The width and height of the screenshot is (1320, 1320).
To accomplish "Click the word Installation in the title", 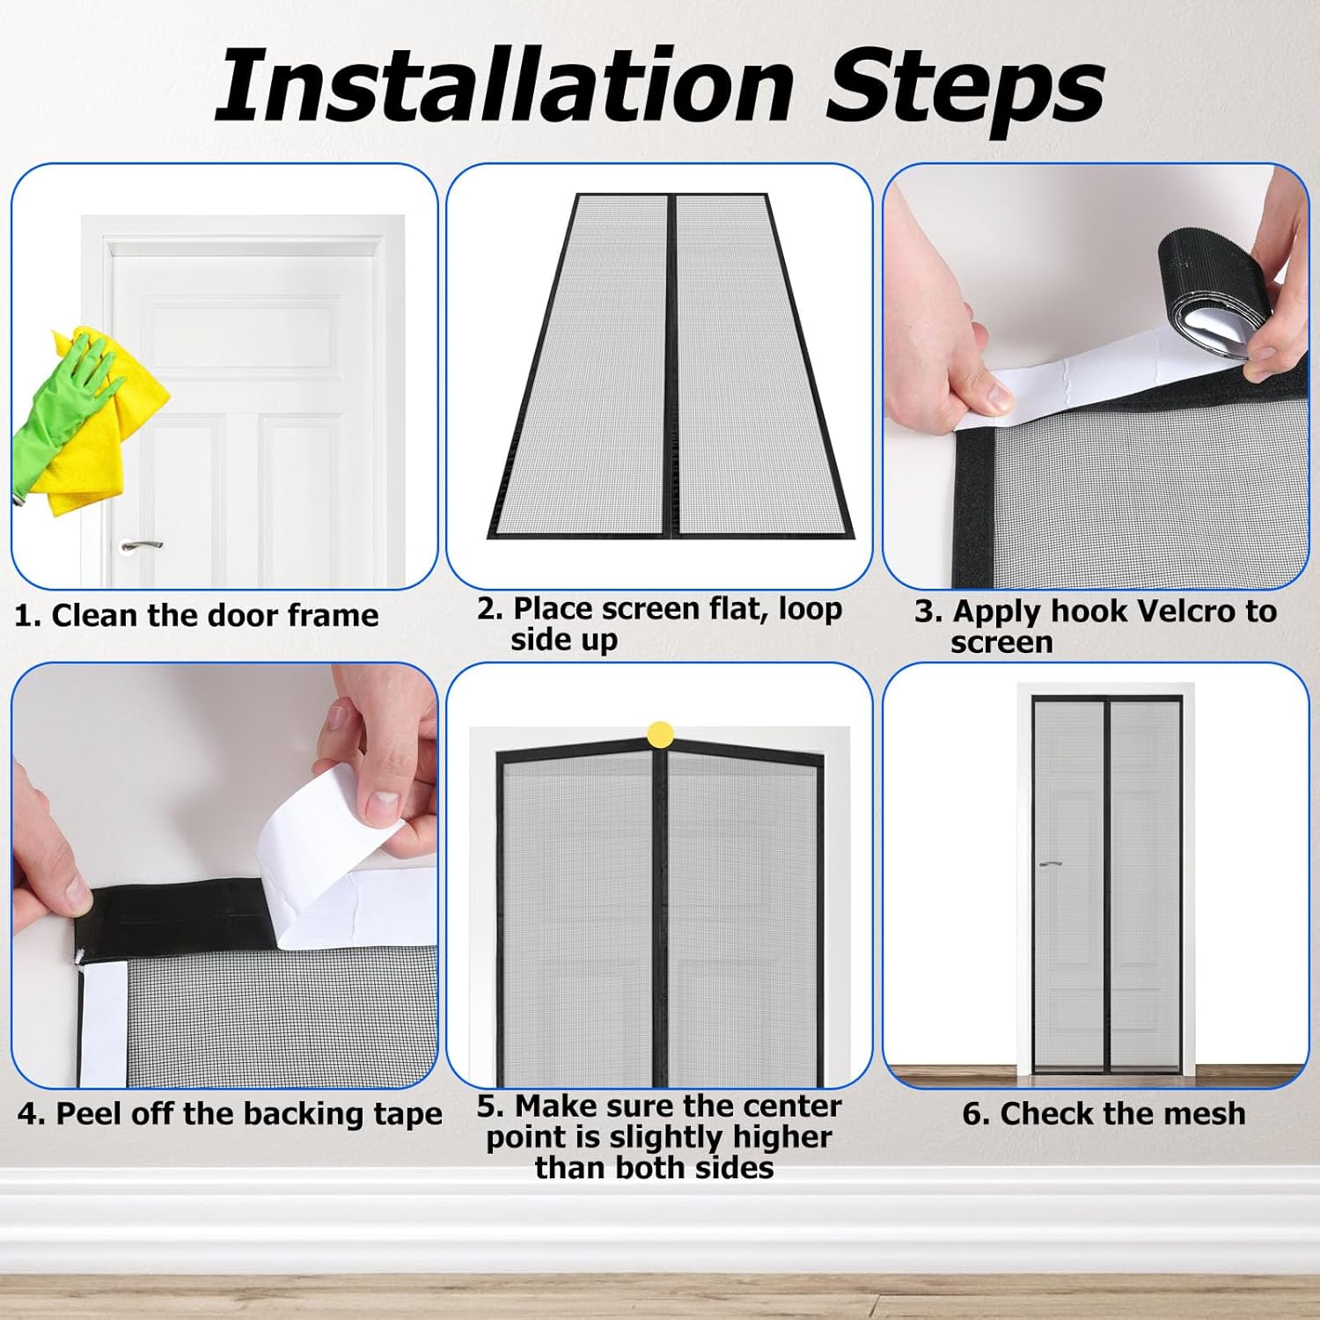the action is [506, 84].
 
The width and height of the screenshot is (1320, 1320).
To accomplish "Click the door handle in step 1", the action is [142, 546].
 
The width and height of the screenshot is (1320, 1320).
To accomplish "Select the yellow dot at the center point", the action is [660, 735].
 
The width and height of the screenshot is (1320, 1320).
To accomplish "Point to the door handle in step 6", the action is [1049, 863].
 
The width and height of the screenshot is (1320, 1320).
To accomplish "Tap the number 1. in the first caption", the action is [27, 615].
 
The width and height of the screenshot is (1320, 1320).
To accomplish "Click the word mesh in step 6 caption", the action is [1206, 1113].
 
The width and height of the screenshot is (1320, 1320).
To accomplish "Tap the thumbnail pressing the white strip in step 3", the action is [997, 392].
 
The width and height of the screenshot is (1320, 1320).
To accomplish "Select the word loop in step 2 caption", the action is [810, 610].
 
